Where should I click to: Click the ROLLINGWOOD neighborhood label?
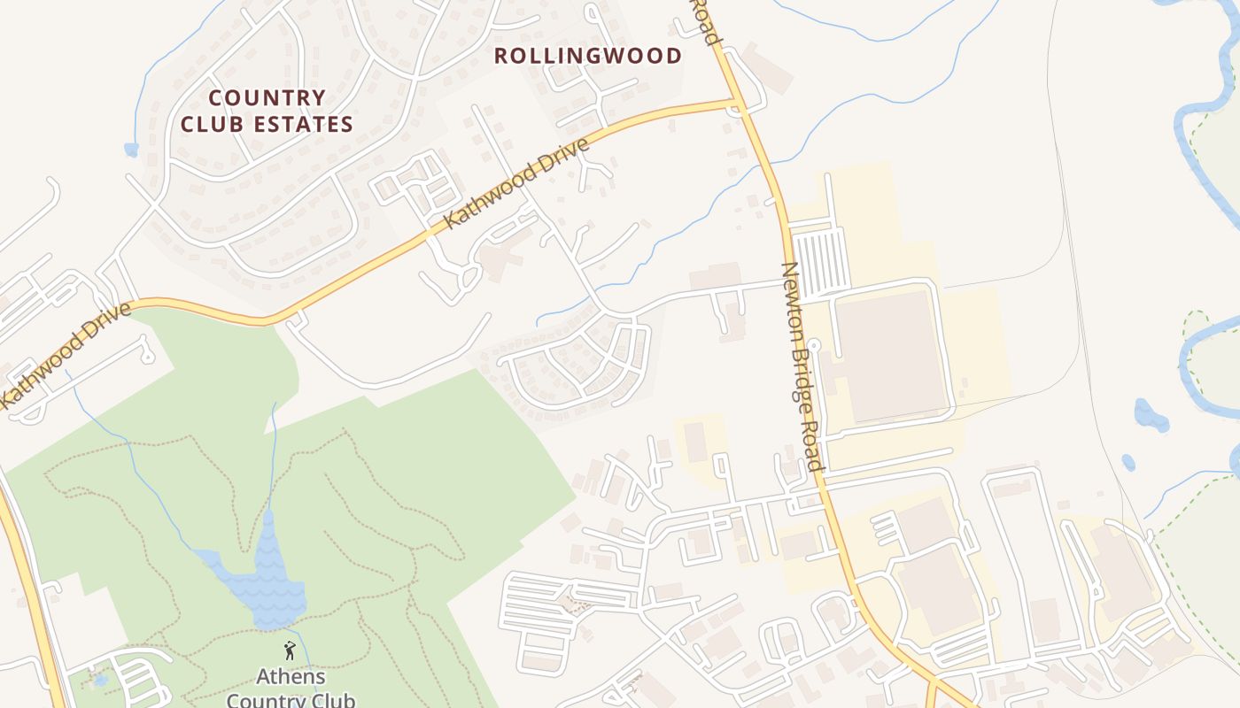coord(587,56)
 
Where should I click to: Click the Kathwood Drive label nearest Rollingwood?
coord(516,184)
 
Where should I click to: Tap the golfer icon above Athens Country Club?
coord(290,651)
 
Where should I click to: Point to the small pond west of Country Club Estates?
coord(132,150)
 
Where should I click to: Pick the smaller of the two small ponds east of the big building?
coord(1128,462)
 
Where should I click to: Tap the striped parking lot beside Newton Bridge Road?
coord(819,263)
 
